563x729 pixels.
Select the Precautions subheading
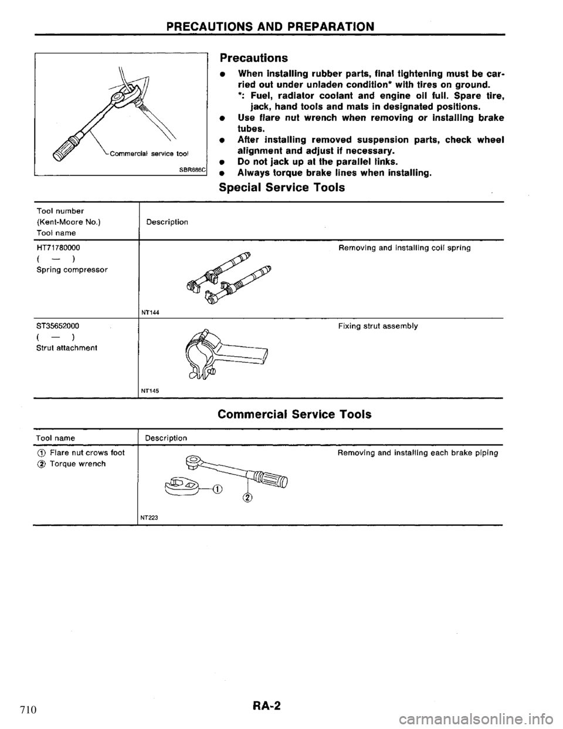tap(253, 58)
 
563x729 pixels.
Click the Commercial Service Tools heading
tap(294, 414)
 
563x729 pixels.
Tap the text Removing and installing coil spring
tap(404, 248)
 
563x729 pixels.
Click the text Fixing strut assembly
tap(378, 326)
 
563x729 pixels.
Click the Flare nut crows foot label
tap(77, 453)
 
